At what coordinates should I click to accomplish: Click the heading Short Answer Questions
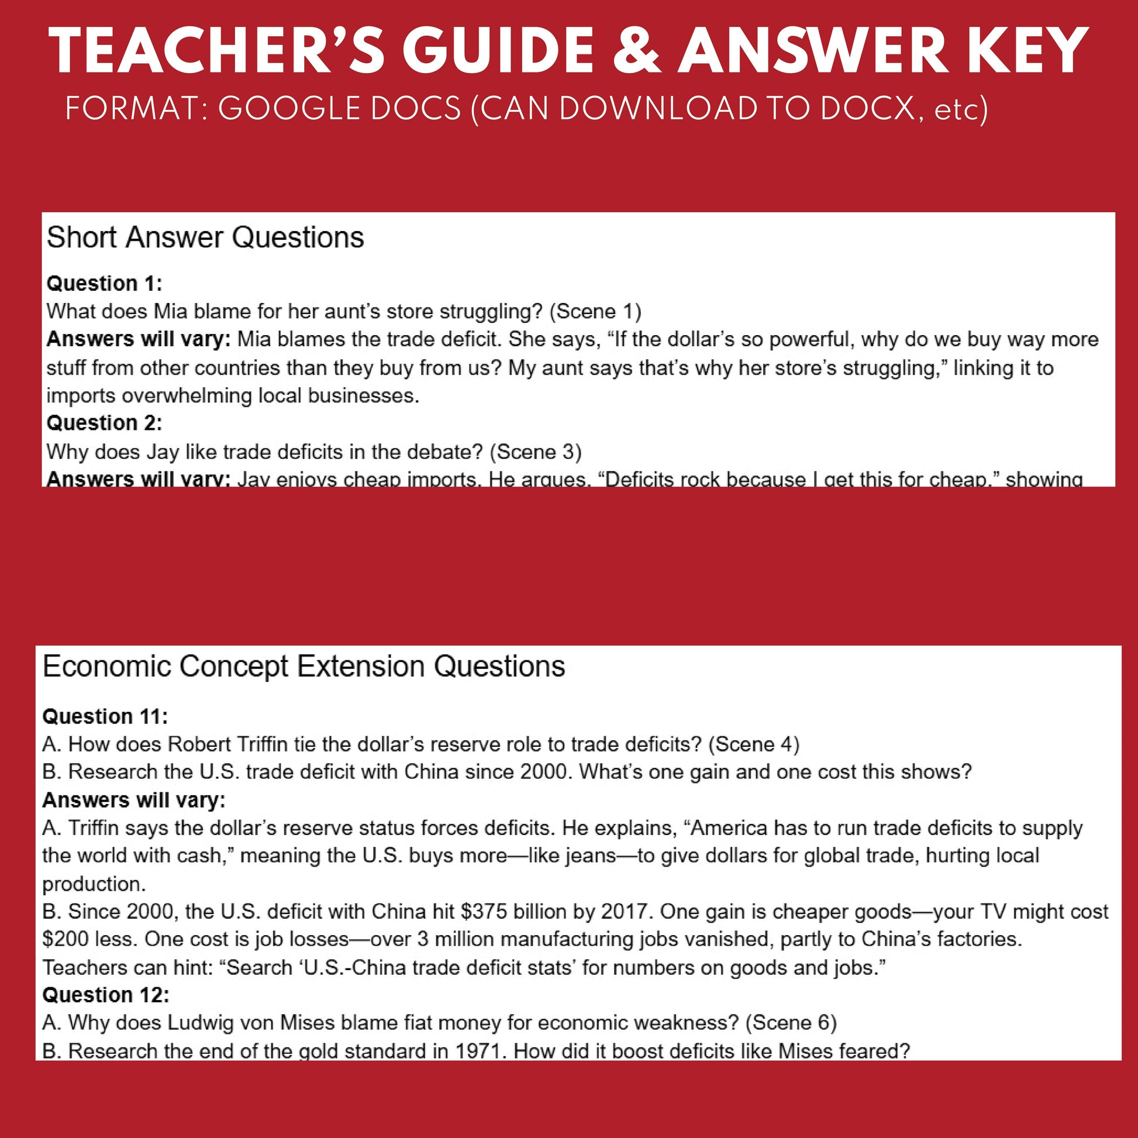tap(205, 238)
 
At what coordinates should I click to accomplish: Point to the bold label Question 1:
tap(104, 284)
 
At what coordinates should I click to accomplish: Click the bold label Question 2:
tap(104, 423)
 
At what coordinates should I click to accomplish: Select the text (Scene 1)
tap(595, 311)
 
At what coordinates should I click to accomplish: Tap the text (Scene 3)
tap(536, 452)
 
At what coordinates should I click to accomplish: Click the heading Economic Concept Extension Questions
tap(304, 667)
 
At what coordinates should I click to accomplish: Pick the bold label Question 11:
tap(105, 717)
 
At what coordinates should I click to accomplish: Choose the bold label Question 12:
tap(106, 995)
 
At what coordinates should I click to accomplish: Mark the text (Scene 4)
tap(753, 744)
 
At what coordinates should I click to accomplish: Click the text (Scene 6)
tap(791, 1023)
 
